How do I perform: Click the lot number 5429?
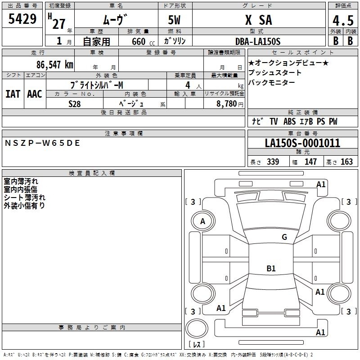(x=22, y=19)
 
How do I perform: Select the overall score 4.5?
(x=343, y=21)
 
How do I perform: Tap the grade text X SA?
(x=259, y=20)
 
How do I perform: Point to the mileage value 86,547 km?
(x=55, y=65)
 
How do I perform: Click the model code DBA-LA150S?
(x=258, y=41)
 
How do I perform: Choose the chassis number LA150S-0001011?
(x=302, y=143)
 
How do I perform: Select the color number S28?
(x=75, y=104)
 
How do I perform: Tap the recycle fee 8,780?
(x=227, y=104)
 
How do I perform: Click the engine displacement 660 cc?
(x=143, y=42)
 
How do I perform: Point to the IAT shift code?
(x=13, y=94)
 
